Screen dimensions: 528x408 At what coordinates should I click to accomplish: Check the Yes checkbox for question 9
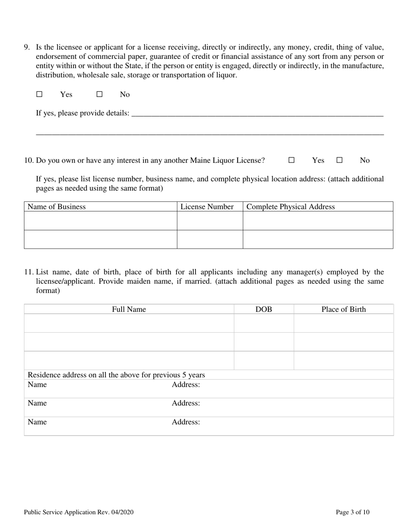pos(39,94)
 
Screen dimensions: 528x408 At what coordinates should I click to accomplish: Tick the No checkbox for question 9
pos(99,94)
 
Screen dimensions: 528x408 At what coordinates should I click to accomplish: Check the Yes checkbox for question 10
pos(291,160)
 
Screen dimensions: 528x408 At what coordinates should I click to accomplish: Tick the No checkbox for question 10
pos(339,160)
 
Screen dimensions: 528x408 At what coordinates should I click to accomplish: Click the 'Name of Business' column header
pos(57,207)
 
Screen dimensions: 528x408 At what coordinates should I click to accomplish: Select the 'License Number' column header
pos(207,207)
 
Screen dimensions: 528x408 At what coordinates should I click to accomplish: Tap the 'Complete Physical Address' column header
pos(291,207)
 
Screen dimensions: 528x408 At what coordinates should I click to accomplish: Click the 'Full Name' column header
pos(129,310)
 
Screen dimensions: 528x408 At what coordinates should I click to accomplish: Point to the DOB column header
pos(264,310)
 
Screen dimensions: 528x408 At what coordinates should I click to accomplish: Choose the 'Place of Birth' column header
pos(344,310)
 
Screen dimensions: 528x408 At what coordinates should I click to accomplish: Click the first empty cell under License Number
pos(210,221)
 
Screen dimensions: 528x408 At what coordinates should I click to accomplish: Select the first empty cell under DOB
pos(264,323)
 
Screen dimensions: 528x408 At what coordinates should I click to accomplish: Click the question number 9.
pos(27,47)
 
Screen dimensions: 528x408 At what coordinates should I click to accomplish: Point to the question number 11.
pos(29,272)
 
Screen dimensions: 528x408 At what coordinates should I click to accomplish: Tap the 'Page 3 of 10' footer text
pos(353,512)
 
